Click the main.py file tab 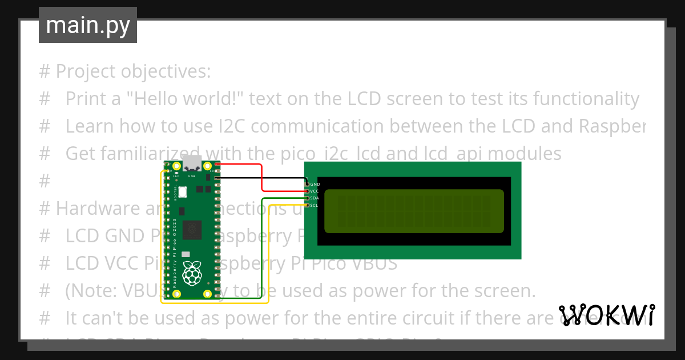pos(87,25)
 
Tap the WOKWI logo pos(606,315)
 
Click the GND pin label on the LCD pos(314,184)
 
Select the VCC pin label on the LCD pos(314,191)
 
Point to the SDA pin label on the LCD pos(314,198)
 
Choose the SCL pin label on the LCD pos(314,205)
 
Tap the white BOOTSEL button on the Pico pos(183,192)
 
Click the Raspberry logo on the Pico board pos(192,274)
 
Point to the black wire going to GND pos(263,178)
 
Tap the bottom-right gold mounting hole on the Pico pos(207,294)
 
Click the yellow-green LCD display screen pos(414,211)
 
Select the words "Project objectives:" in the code pos(133,72)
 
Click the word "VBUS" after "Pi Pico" pos(377,264)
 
